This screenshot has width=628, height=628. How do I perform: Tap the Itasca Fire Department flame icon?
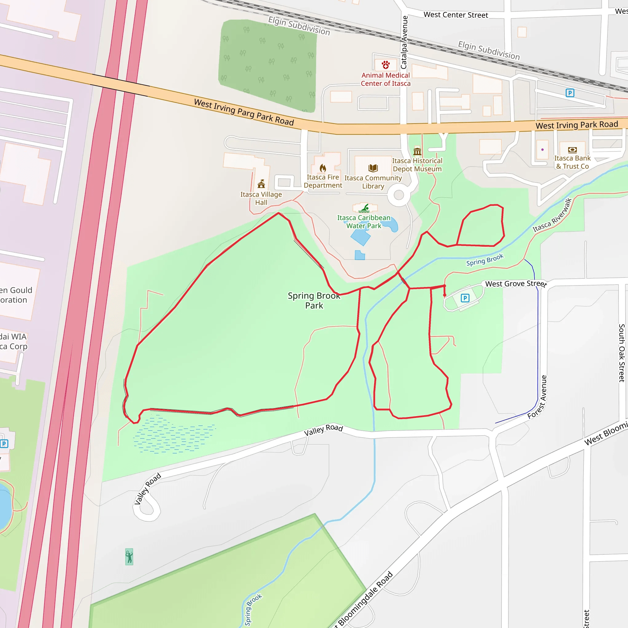[x=323, y=168]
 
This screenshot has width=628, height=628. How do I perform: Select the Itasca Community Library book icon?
[x=373, y=168]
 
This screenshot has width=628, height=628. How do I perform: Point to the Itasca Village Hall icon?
[x=261, y=184]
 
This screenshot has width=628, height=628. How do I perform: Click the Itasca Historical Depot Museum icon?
[x=417, y=151]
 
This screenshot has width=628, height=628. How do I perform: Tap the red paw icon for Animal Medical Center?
[x=386, y=65]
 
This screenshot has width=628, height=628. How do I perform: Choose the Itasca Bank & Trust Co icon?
[x=572, y=150]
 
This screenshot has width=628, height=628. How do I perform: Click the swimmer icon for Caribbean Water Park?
[x=365, y=208]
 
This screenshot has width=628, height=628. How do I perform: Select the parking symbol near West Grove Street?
[x=465, y=298]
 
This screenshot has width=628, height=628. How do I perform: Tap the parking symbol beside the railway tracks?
[x=570, y=93]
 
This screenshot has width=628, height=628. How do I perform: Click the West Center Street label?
[x=456, y=15]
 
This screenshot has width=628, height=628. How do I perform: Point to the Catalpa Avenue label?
[x=404, y=42]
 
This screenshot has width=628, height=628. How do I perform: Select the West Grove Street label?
[x=516, y=284]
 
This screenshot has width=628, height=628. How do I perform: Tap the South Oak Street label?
[x=622, y=353]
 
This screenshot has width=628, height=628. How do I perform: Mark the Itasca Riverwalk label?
[x=552, y=215]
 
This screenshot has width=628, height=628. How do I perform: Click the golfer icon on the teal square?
[x=129, y=557]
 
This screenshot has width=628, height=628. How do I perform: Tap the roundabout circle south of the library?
[x=399, y=195]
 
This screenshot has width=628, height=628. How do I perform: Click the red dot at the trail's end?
[x=445, y=295]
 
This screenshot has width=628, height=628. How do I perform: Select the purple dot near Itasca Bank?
[x=542, y=150]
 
